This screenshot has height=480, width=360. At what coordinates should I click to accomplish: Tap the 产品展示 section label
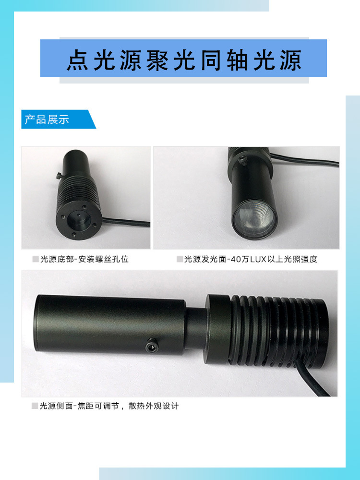pos(47,120)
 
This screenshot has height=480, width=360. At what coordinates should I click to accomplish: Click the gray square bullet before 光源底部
pos(35,260)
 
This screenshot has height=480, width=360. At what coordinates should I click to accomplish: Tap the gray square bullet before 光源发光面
pos(180,260)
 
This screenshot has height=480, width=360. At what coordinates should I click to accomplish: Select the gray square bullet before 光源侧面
pos(35,406)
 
